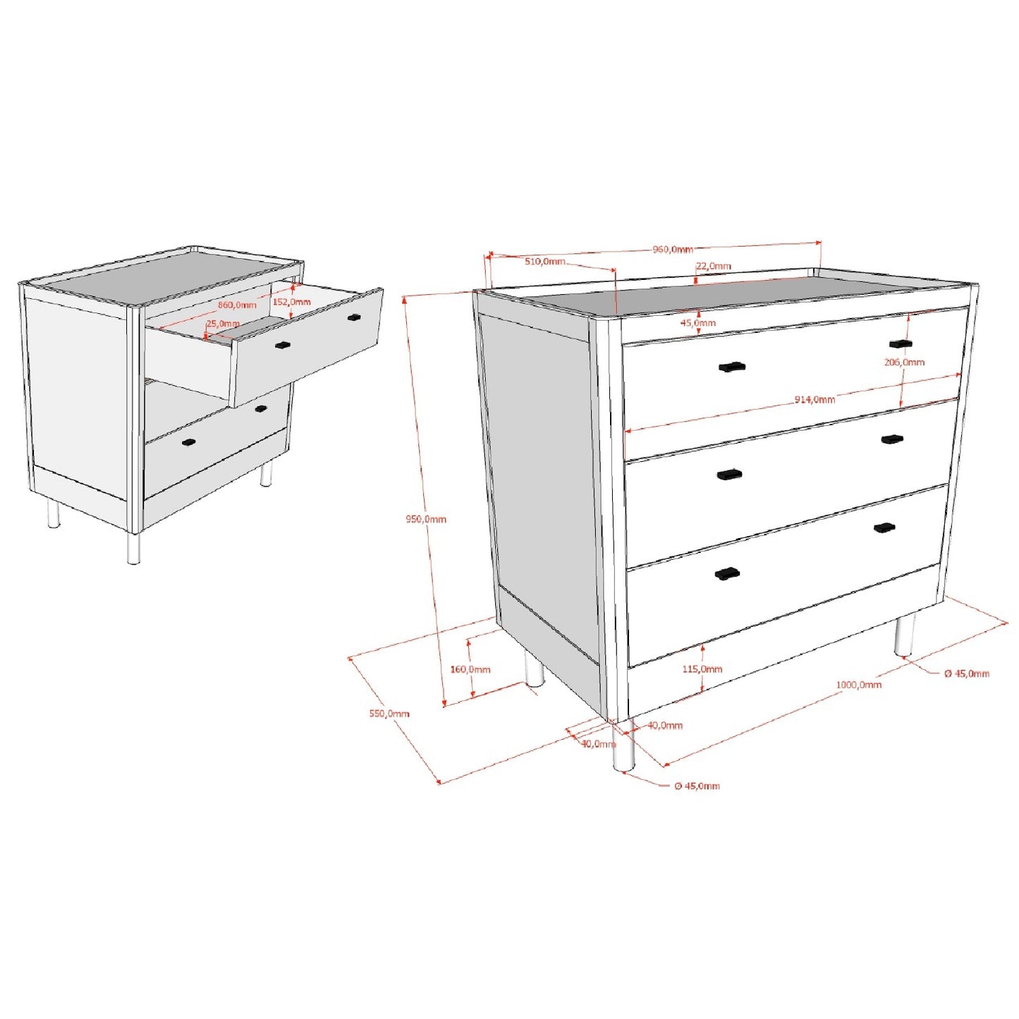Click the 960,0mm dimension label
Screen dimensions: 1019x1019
point(672,250)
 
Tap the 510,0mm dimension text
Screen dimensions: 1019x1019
point(544,262)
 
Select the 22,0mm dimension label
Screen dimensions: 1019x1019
point(714,267)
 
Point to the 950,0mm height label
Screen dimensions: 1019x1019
point(425,520)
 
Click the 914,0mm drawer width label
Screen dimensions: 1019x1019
point(814,400)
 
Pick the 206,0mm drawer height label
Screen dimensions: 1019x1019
point(904,362)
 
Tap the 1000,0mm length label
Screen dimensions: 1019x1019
point(858,685)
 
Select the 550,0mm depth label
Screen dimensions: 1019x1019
point(389,714)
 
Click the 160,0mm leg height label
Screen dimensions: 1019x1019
point(470,669)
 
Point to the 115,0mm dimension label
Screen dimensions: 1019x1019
point(702,669)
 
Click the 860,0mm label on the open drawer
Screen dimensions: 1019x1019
point(237,305)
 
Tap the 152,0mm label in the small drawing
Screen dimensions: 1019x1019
point(291,303)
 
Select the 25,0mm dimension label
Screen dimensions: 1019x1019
point(223,324)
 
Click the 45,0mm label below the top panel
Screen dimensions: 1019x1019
point(697,323)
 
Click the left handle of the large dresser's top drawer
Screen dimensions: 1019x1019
point(731,367)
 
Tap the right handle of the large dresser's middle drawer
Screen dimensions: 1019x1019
point(892,439)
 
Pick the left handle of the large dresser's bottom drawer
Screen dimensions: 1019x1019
point(726,574)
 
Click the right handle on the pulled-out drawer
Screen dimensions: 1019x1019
point(354,317)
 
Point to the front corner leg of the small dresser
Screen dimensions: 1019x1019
point(133,548)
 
